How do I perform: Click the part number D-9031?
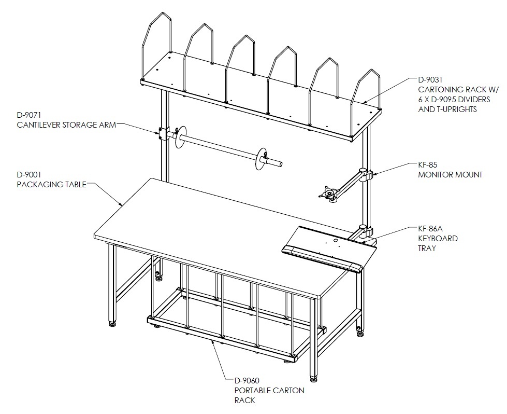[x=430, y=80]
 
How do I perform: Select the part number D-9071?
[x=29, y=115]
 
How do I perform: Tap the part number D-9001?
[x=29, y=175]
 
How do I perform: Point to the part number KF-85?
[x=427, y=165]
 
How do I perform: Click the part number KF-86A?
[x=430, y=228]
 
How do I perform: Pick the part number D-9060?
[x=247, y=380]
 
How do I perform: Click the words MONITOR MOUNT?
[x=450, y=175]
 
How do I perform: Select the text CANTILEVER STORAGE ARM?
[x=66, y=125]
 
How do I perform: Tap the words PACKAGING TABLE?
[x=51, y=185]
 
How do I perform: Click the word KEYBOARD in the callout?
[x=438, y=239]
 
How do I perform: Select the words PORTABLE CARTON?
[x=269, y=390]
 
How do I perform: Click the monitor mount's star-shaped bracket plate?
[x=328, y=192]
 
